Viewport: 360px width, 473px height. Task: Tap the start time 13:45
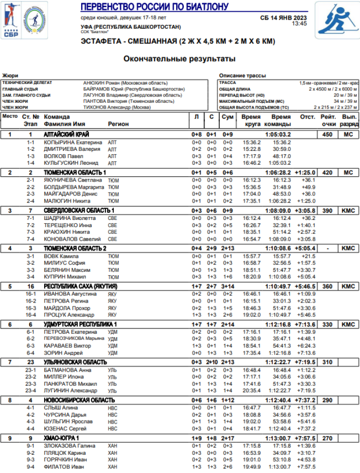pos(299,23)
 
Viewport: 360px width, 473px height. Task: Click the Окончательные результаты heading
pos(180,59)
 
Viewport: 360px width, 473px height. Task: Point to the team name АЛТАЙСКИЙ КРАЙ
pos(66,134)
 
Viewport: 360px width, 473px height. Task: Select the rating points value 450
pos(327,134)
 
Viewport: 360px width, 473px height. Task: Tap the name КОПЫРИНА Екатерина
pos(73,143)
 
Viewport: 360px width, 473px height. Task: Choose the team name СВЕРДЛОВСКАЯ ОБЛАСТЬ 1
pos(79,210)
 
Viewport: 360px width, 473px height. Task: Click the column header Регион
pos(119,124)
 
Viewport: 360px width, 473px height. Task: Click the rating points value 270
pos(327,438)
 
